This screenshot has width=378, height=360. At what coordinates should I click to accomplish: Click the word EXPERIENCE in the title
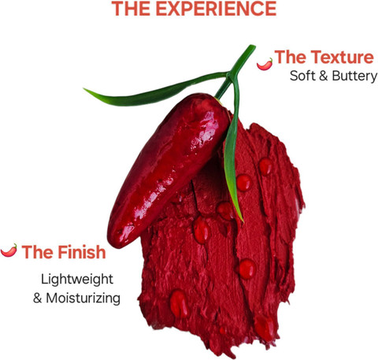(x=217, y=9)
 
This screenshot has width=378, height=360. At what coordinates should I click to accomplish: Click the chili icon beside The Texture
(x=265, y=64)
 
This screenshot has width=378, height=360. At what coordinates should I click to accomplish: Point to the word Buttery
(x=354, y=76)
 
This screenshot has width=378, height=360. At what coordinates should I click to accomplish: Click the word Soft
(x=302, y=76)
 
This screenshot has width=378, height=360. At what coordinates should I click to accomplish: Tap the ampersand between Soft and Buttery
(x=324, y=76)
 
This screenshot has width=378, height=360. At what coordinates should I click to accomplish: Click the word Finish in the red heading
(x=82, y=252)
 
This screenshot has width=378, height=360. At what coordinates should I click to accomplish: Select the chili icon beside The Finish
(x=9, y=251)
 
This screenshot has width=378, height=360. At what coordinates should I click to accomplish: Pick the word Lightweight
(x=77, y=280)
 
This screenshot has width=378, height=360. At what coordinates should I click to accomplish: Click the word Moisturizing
(x=83, y=299)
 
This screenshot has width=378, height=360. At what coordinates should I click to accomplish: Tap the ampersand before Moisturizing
(x=38, y=299)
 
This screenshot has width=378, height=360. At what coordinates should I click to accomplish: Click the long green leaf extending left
(x=155, y=89)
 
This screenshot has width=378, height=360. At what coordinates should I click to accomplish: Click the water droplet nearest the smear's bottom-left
(x=179, y=303)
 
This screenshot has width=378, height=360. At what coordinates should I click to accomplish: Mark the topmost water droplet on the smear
(x=265, y=166)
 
